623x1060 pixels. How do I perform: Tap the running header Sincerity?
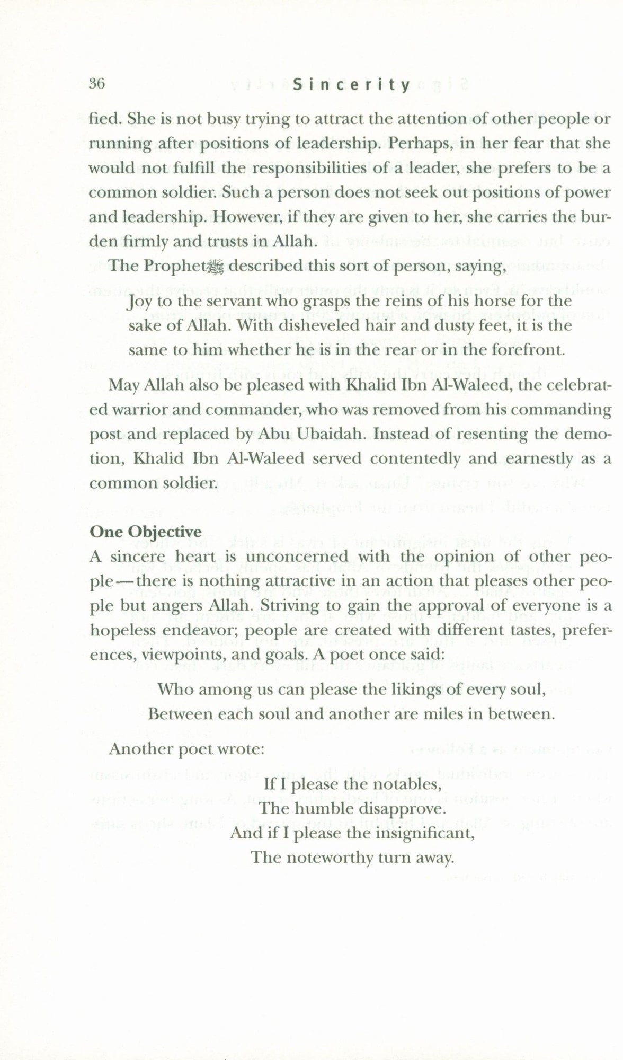tap(351, 85)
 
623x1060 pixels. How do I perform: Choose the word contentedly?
tap(411, 458)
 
